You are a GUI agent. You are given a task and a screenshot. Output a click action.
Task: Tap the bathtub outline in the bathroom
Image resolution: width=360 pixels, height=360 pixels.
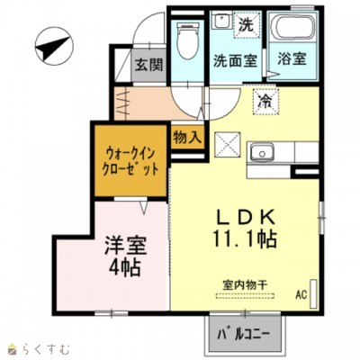tap(292, 31)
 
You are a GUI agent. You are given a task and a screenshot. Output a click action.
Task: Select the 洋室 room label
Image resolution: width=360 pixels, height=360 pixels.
tap(122, 244)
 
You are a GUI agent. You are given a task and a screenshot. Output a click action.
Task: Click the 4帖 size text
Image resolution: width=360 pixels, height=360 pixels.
tap(123, 267)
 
